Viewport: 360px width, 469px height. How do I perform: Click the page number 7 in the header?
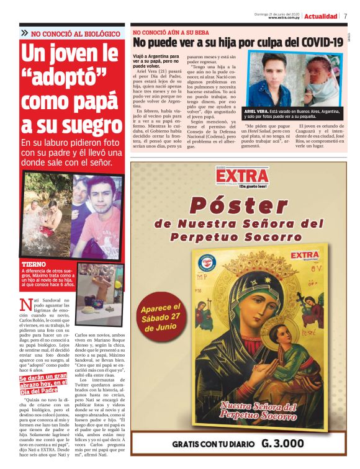[346, 16]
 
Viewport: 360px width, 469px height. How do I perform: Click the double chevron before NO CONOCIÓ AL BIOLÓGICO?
[24, 32]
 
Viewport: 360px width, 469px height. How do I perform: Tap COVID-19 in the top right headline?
[322, 42]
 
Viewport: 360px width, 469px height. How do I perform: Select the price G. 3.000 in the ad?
[282, 444]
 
